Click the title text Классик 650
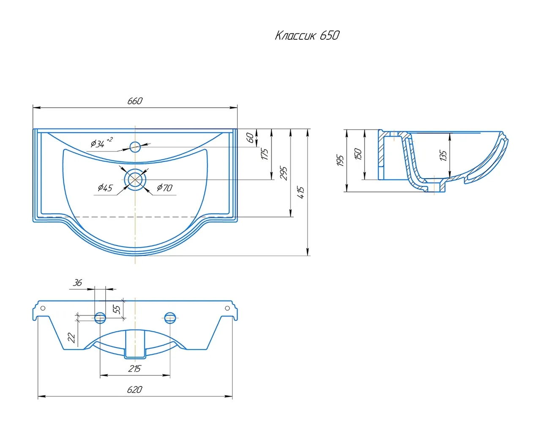pyautogui.click(x=307, y=35)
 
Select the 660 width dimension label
pyautogui.click(x=135, y=101)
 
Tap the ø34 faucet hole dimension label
pyautogui.click(x=101, y=143)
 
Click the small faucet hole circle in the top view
pyautogui.click(x=135, y=147)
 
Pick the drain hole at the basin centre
pyautogui.click(x=135, y=180)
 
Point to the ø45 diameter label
pyautogui.click(x=105, y=188)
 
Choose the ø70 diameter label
pyautogui.click(x=165, y=188)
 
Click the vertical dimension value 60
pyautogui.click(x=251, y=138)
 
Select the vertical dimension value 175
pyautogui.click(x=265, y=154)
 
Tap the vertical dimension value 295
pyautogui.click(x=284, y=173)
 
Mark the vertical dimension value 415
pyautogui.click(x=301, y=193)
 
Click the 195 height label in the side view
pyautogui.click(x=340, y=161)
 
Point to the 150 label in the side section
pyautogui.click(x=358, y=154)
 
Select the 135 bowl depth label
pyautogui.click(x=443, y=155)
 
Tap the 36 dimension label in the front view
pyautogui.click(x=77, y=283)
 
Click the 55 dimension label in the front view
pyautogui.click(x=117, y=309)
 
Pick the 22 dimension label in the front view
pyautogui.click(x=72, y=337)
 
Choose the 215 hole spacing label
pyautogui.click(x=134, y=369)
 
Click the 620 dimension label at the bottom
pyautogui.click(x=135, y=389)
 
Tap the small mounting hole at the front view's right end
pyautogui.click(x=227, y=308)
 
